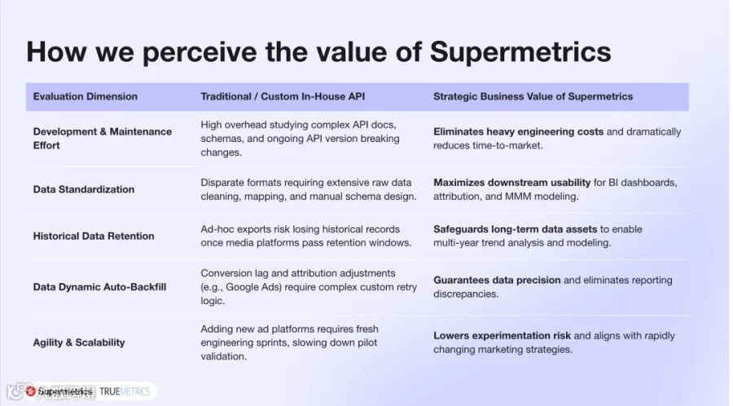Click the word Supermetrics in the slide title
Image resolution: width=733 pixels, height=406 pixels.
520,51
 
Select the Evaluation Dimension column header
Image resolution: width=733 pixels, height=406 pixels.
85,96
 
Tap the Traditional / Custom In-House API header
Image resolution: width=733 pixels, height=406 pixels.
283,96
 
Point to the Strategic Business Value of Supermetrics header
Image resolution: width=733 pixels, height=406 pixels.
533,96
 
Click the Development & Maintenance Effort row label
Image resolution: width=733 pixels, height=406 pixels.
103,139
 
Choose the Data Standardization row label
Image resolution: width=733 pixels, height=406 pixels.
84,189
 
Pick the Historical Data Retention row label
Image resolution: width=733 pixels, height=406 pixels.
94,236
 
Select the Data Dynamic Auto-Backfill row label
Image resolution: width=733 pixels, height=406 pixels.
99,287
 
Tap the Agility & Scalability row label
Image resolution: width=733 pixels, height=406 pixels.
79,342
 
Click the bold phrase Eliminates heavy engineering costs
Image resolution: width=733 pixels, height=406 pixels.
519,132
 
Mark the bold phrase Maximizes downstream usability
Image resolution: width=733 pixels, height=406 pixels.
512,183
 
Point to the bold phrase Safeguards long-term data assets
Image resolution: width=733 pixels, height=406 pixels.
516,229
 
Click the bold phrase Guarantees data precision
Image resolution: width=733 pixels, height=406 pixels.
497,280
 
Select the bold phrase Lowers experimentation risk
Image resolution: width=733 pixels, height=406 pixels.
502,336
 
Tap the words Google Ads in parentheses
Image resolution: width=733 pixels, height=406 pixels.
254,287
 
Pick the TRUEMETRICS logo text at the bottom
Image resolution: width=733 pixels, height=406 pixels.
125,391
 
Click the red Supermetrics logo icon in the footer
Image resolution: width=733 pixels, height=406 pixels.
31,391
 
